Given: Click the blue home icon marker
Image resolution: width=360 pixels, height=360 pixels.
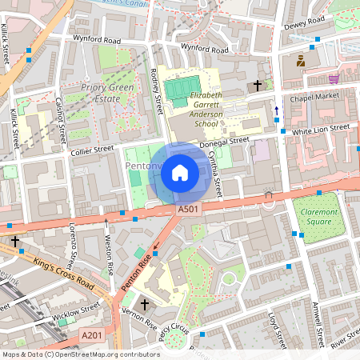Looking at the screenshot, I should (x=180, y=172).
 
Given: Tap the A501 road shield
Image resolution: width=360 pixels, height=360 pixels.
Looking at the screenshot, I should (x=187, y=210).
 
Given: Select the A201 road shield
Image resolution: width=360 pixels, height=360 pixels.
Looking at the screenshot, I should (x=91, y=337).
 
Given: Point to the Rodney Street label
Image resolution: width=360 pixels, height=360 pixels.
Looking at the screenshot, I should (x=157, y=88).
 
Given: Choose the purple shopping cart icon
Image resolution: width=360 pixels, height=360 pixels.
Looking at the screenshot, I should (x=333, y=79).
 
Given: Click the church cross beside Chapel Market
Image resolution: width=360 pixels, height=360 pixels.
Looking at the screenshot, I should (x=258, y=85).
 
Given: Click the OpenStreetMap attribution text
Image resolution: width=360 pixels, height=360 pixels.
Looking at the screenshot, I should (x=80, y=354).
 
